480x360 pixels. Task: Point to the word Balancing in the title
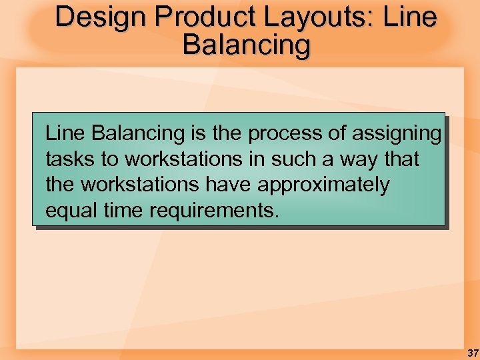[246, 45]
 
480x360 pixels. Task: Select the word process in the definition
[285, 134]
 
